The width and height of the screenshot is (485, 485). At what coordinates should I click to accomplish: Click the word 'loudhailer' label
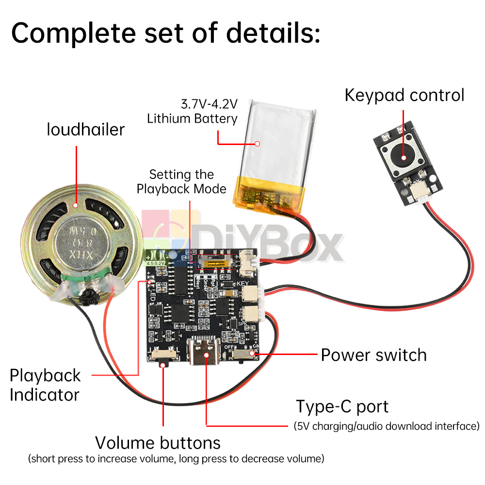[x=86, y=129]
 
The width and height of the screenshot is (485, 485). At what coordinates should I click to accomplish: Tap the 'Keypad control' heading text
[x=404, y=95]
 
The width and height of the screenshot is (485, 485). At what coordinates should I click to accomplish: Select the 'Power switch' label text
[x=373, y=355]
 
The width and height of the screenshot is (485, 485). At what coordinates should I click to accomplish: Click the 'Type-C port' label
[x=342, y=406]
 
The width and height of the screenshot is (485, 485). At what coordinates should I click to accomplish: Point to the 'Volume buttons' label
[x=158, y=442]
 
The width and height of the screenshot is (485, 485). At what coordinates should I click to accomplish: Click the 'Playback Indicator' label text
[x=45, y=385]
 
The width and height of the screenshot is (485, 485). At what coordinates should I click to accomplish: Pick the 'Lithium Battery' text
[x=193, y=118]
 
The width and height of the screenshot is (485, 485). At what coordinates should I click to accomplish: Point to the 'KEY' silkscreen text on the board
[x=242, y=283]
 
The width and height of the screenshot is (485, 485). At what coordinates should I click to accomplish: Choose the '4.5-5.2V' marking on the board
[x=156, y=263]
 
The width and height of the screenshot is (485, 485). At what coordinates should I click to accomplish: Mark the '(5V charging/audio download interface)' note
[x=387, y=426]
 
